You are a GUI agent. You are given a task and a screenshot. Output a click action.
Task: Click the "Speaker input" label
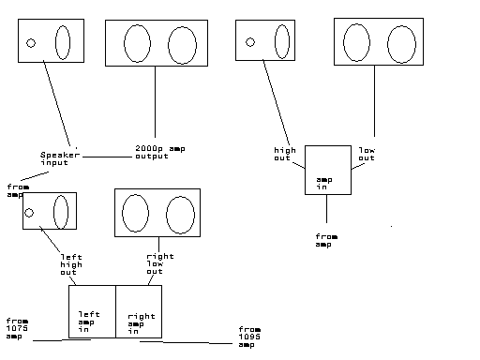pos(60,158)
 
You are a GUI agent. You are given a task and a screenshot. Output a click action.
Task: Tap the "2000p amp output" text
pos(160,152)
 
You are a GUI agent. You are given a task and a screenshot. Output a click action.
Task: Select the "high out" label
pos(285,154)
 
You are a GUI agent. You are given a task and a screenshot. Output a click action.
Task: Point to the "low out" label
pos(367,154)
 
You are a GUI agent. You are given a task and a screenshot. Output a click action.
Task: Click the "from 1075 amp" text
pos(17,329)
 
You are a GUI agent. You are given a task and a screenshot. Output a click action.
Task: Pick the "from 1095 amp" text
pos(249,337)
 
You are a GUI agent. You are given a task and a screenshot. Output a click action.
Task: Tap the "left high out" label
pos(71,264)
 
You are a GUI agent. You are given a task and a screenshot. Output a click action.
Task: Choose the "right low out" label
pos(160,263)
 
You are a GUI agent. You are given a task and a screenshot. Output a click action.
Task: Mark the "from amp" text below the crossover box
pos(326,240)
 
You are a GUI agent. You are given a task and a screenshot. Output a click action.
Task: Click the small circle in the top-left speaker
pos(31,43)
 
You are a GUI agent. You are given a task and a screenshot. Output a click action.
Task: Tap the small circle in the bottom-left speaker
pos(29,213)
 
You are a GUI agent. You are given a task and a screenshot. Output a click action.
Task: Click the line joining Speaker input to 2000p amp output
pos(108,157)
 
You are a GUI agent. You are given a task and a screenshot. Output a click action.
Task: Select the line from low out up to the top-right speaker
pos(374,101)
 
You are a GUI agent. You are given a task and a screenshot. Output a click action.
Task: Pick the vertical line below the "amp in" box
pos(326,208)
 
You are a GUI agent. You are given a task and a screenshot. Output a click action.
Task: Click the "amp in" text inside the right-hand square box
pos(324,184)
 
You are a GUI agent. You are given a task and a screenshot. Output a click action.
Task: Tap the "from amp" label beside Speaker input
pos(18,190)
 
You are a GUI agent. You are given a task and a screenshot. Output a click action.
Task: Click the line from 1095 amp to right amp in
pos(186,342)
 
